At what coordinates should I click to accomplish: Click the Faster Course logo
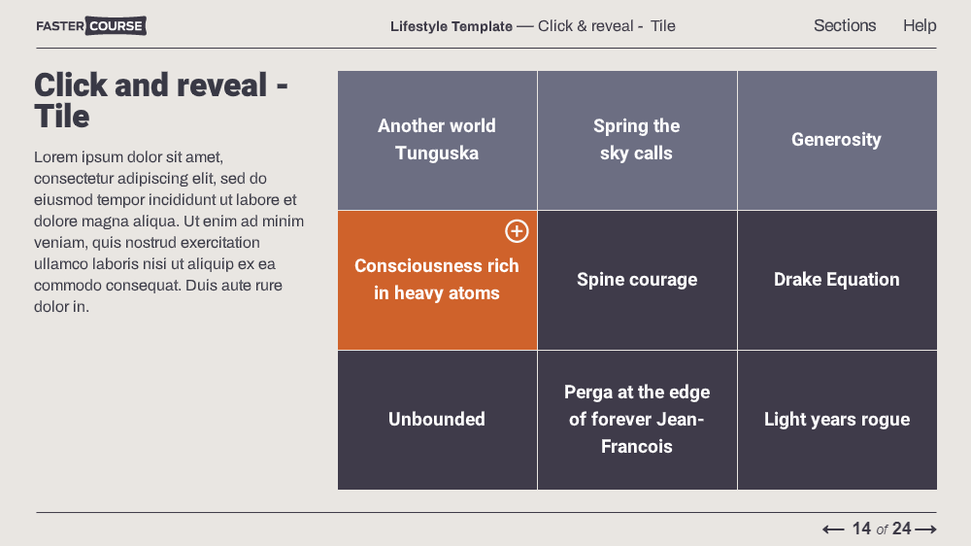91,26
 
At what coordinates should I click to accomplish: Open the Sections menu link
845,25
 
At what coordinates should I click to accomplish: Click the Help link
920,25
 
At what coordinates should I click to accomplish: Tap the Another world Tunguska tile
437,140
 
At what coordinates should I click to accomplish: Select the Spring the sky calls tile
637,140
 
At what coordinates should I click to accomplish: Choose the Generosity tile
837,140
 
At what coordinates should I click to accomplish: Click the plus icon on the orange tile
517,231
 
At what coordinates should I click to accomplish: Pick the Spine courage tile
637,280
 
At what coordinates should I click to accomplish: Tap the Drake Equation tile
837,280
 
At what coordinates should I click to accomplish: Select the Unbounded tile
437,421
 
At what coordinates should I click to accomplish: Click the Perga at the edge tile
637,421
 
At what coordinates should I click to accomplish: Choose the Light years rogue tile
837,421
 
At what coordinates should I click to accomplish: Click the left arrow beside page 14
833,529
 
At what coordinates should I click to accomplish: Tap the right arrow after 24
925,529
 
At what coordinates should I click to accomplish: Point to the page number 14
861,529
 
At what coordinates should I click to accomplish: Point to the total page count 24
902,529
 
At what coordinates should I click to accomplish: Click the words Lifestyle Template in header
452,26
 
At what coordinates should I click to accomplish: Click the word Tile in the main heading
62,117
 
